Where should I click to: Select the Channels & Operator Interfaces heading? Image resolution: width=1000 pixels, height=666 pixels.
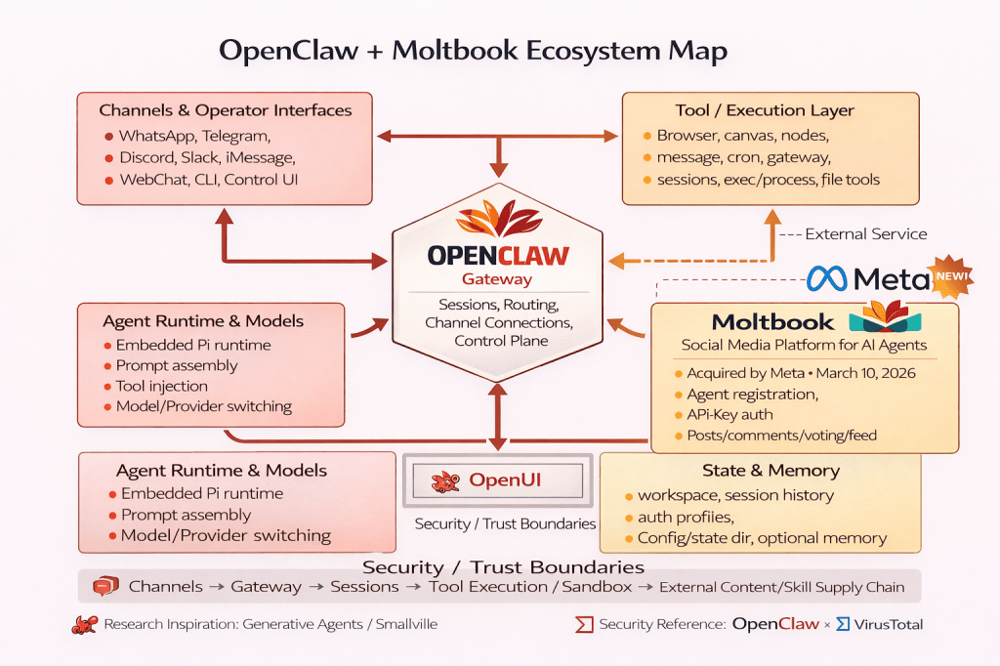(226, 109)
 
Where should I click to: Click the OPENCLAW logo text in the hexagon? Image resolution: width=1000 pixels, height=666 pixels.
(498, 255)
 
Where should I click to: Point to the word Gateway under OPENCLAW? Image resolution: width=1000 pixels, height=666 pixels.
(498, 278)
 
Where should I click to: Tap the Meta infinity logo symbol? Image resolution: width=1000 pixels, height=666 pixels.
(828, 279)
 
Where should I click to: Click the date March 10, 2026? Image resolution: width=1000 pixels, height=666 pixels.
(867, 373)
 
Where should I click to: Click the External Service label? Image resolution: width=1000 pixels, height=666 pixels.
(866, 234)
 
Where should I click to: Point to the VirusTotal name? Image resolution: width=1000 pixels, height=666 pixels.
(887, 624)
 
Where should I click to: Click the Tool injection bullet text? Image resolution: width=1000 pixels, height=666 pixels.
(161, 386)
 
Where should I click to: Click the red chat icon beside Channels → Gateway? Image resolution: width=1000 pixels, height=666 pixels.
(104, 587)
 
